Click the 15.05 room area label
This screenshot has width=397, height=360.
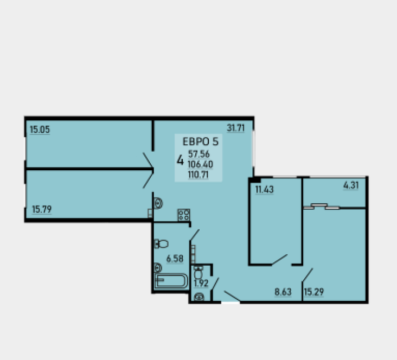click(40, 130)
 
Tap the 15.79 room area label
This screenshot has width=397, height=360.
click(42, 209)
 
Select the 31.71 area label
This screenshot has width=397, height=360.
click(236, 128)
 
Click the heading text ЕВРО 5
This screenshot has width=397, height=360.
click(201, 142)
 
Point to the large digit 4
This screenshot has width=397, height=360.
click(180, 160)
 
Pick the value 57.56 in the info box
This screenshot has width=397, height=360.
click(199, 154)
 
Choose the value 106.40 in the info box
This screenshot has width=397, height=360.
click(200, 164)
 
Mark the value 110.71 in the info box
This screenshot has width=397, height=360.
click(198, 175)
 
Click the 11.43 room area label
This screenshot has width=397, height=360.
click(265, 189)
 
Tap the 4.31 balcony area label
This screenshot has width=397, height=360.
click(351, 185)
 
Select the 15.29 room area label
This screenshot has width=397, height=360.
click(314, 292)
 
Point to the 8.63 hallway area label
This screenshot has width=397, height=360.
click(283, 292)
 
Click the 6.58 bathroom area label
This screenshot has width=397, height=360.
click(175, 259)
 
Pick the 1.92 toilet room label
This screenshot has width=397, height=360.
click(201, 284)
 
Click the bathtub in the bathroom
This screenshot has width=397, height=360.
click(171, 281)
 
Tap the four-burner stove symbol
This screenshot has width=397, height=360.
click(184, 215)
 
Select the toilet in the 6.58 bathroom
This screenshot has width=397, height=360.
click(161, 244)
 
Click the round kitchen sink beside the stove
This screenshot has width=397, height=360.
click(158, 203)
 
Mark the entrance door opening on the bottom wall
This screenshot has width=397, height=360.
click(230, 302)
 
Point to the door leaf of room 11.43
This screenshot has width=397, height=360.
click(279, 260)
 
